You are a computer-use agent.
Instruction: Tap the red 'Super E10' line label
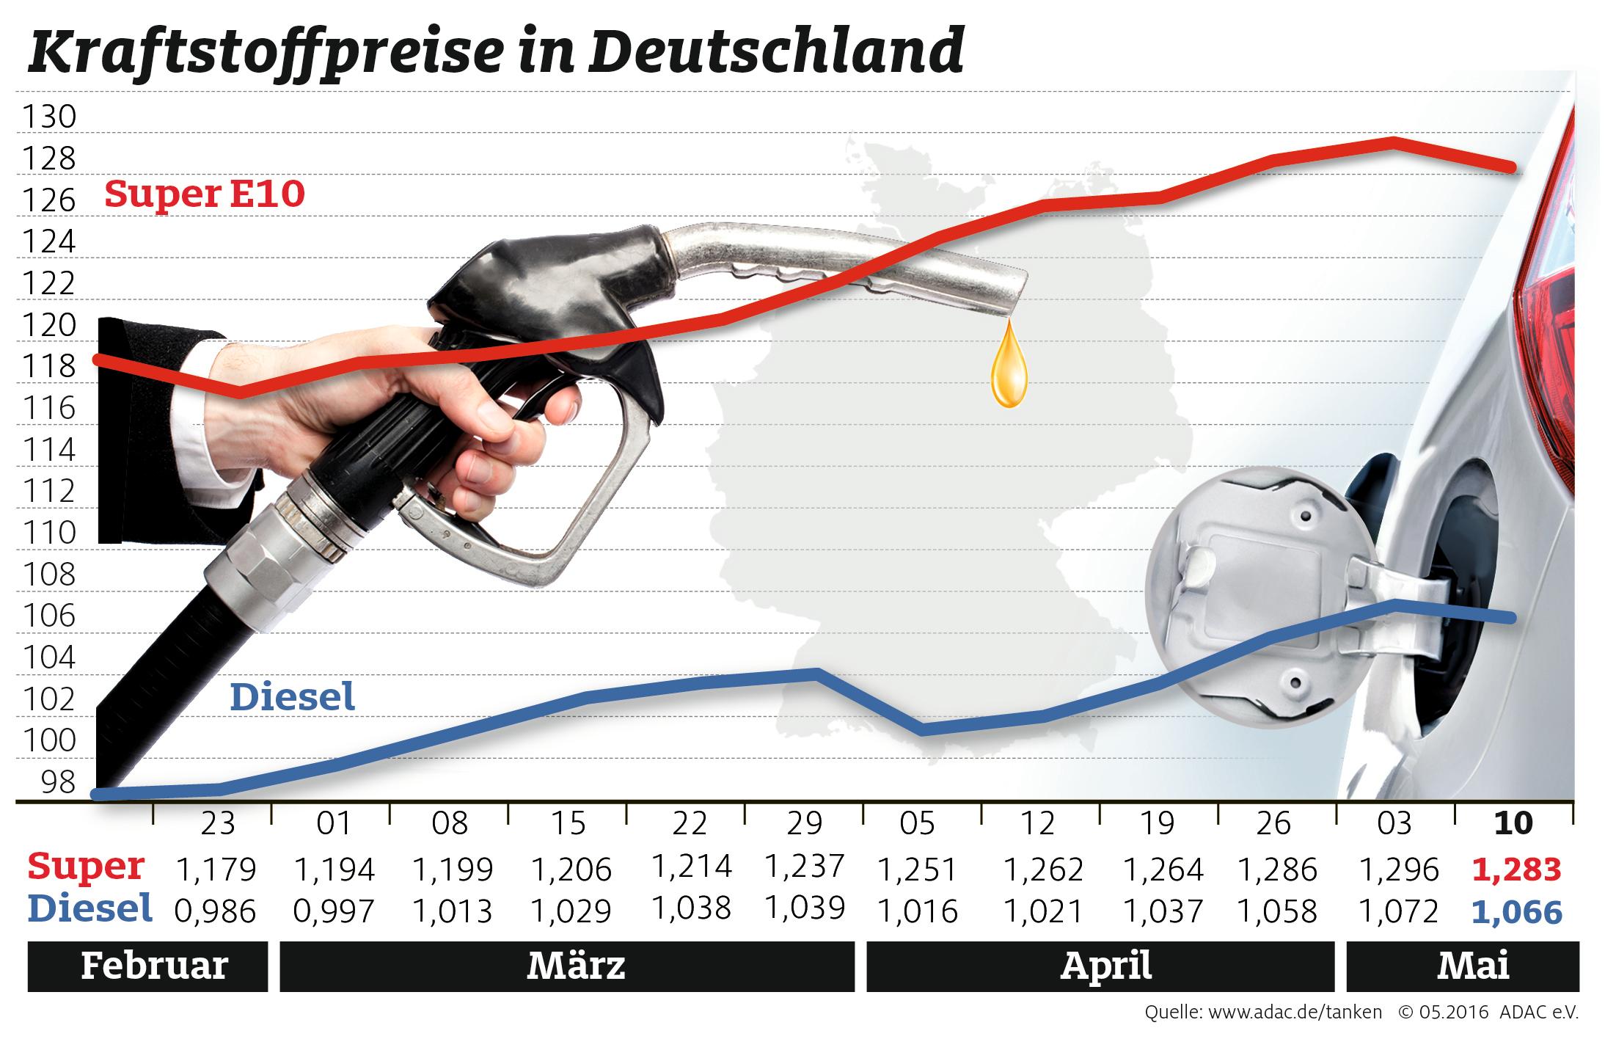(204, 194)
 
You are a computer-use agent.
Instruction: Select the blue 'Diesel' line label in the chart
(292, 697)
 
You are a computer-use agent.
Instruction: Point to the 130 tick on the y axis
(49, 117)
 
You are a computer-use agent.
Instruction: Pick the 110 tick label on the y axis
(49, 533)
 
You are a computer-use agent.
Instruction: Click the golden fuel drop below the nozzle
(1009, 374)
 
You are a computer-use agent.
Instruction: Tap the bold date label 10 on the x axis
(1513, 824)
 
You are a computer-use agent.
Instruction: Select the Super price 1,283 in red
(1516, 870)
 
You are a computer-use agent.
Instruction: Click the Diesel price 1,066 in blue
(1516, 912)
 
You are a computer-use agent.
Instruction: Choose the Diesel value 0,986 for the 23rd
(216, 912)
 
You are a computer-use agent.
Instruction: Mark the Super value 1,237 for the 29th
(805, 867)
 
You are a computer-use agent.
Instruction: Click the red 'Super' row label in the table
(86, 867)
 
